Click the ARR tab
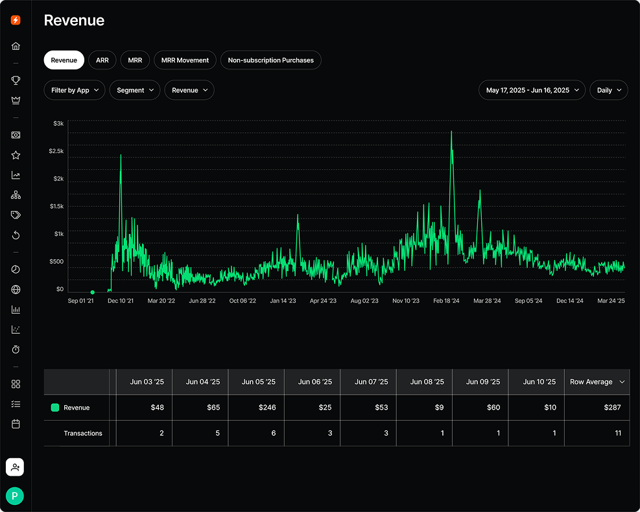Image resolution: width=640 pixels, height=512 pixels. coord(102,60)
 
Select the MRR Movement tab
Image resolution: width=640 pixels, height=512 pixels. coord(185,60)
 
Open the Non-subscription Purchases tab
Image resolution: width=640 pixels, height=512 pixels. coord(270,60)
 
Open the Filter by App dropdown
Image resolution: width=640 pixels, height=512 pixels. coord(75,90)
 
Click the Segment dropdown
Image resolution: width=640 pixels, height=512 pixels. coord(135,90)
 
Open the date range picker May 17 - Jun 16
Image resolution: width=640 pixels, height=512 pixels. coord(532,90)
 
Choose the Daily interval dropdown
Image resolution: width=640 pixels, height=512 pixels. coord(608,90)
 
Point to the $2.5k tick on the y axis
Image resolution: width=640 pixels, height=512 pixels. coord(56,151)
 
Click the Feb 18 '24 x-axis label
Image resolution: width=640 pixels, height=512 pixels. coord(446,301)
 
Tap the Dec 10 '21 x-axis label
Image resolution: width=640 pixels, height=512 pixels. coord(121,301)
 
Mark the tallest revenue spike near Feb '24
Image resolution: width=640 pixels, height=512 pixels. coord(451,132)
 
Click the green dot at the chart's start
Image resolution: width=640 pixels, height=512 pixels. coord(92,292)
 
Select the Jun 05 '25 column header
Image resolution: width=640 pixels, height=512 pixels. coord(256,382)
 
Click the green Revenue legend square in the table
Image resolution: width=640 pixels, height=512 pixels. coord(55,408)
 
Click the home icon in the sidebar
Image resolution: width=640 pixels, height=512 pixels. coord(16,46)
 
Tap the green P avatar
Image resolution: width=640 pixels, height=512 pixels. coord(15,496)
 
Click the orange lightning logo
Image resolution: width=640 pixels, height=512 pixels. coord(16,20)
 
